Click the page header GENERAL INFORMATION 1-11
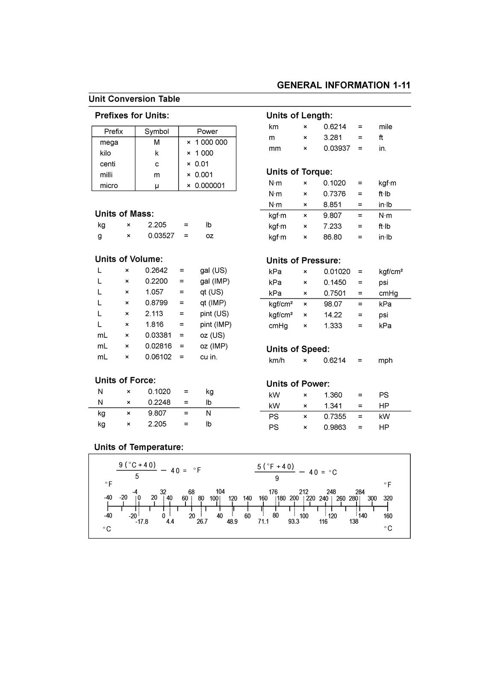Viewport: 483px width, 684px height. (x=343, y=85)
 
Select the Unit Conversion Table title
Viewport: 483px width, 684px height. (x=134, y=99)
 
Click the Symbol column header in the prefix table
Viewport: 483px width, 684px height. (x=156, y=132)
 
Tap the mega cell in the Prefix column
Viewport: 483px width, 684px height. (x=109, y=142)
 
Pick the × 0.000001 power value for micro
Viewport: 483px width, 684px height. (x=206, y=186)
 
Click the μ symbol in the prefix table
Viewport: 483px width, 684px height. (x=157, y=186)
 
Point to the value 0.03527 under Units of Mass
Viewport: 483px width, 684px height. (x=161, y=236)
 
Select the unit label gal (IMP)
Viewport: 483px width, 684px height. (x=215, y=281)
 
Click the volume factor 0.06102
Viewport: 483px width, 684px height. (x=158, y=357)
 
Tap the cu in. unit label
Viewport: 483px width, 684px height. (x=209, y=357)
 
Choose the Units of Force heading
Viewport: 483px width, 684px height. (x=125, y=380)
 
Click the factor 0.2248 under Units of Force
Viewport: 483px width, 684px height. (x=159, y=402)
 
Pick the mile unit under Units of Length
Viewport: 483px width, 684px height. (x=385, y=127)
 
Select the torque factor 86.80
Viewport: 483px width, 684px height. (x=332, y=237)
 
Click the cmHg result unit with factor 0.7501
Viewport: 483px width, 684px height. (x=388, y=293)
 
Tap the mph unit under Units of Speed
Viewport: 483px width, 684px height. (x=385, y=360)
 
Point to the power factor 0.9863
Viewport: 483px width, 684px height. (x=335, y=427)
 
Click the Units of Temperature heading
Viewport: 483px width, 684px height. (x=138, y=447)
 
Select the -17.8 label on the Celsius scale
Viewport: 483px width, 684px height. (x=141, y=522)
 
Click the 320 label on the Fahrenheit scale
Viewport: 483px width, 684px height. (x=388, y=498)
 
